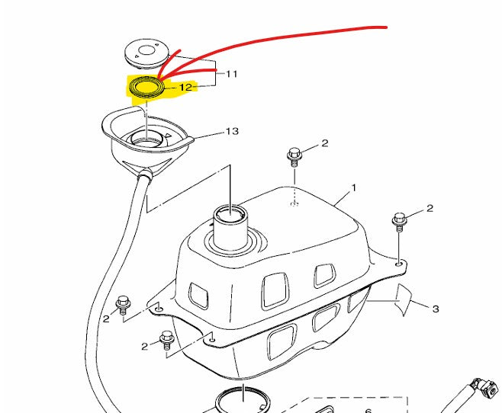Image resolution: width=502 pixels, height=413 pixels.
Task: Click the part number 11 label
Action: click(x=232, y=74)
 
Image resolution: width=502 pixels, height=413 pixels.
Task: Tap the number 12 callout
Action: click(x=185, y=87)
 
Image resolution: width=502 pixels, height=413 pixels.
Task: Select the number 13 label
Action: click(x=233, y=131)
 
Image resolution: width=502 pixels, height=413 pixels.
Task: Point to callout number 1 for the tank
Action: click(x=354, y=188)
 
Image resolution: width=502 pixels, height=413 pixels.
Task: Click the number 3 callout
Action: click(x=436, y=309)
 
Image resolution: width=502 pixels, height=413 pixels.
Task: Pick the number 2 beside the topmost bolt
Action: click(x=325, y=143)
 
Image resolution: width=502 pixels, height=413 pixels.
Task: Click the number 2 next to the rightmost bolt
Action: click(x=430, y=209)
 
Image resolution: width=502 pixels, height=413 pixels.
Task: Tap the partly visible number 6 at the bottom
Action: click(x=368, y=411)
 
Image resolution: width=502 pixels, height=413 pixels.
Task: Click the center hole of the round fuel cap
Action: click(x=146, y=50)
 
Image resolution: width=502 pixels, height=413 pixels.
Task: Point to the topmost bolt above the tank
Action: click(x=294, y=157)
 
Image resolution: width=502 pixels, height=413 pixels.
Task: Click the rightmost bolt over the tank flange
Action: click(x=399, y=222)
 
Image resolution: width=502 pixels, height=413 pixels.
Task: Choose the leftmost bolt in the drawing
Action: click(x=123, y=306)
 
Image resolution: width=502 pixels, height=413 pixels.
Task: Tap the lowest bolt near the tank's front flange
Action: click(x=166, y=341)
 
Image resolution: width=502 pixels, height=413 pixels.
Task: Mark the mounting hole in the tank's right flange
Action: click(x=399, y=264)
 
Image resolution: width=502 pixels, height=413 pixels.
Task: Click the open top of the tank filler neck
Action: click(x=230, y=213)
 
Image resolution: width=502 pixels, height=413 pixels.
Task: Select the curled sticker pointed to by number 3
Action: click(x=403, y=299)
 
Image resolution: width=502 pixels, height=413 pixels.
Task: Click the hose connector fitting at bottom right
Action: click(x=486, y=387)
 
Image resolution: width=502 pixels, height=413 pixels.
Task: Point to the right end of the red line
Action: click(x=387, y=27)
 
